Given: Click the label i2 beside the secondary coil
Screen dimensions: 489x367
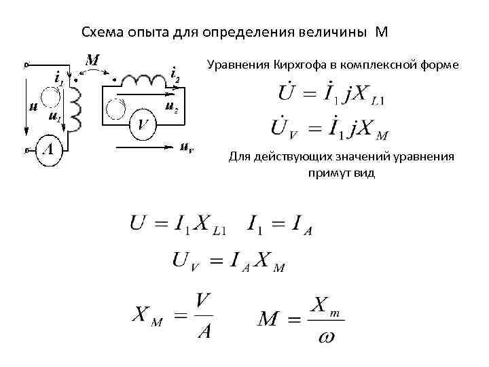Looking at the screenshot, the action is click(x=175, y=73).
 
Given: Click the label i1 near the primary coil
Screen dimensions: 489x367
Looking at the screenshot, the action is click(x=58, y=77).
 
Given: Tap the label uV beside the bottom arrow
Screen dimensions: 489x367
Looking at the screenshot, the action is click(x=187, y=147).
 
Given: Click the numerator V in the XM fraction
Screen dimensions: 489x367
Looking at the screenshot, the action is click(x=202, y=299).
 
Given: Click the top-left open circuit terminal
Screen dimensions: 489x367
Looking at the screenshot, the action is click(x=26, y=65).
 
